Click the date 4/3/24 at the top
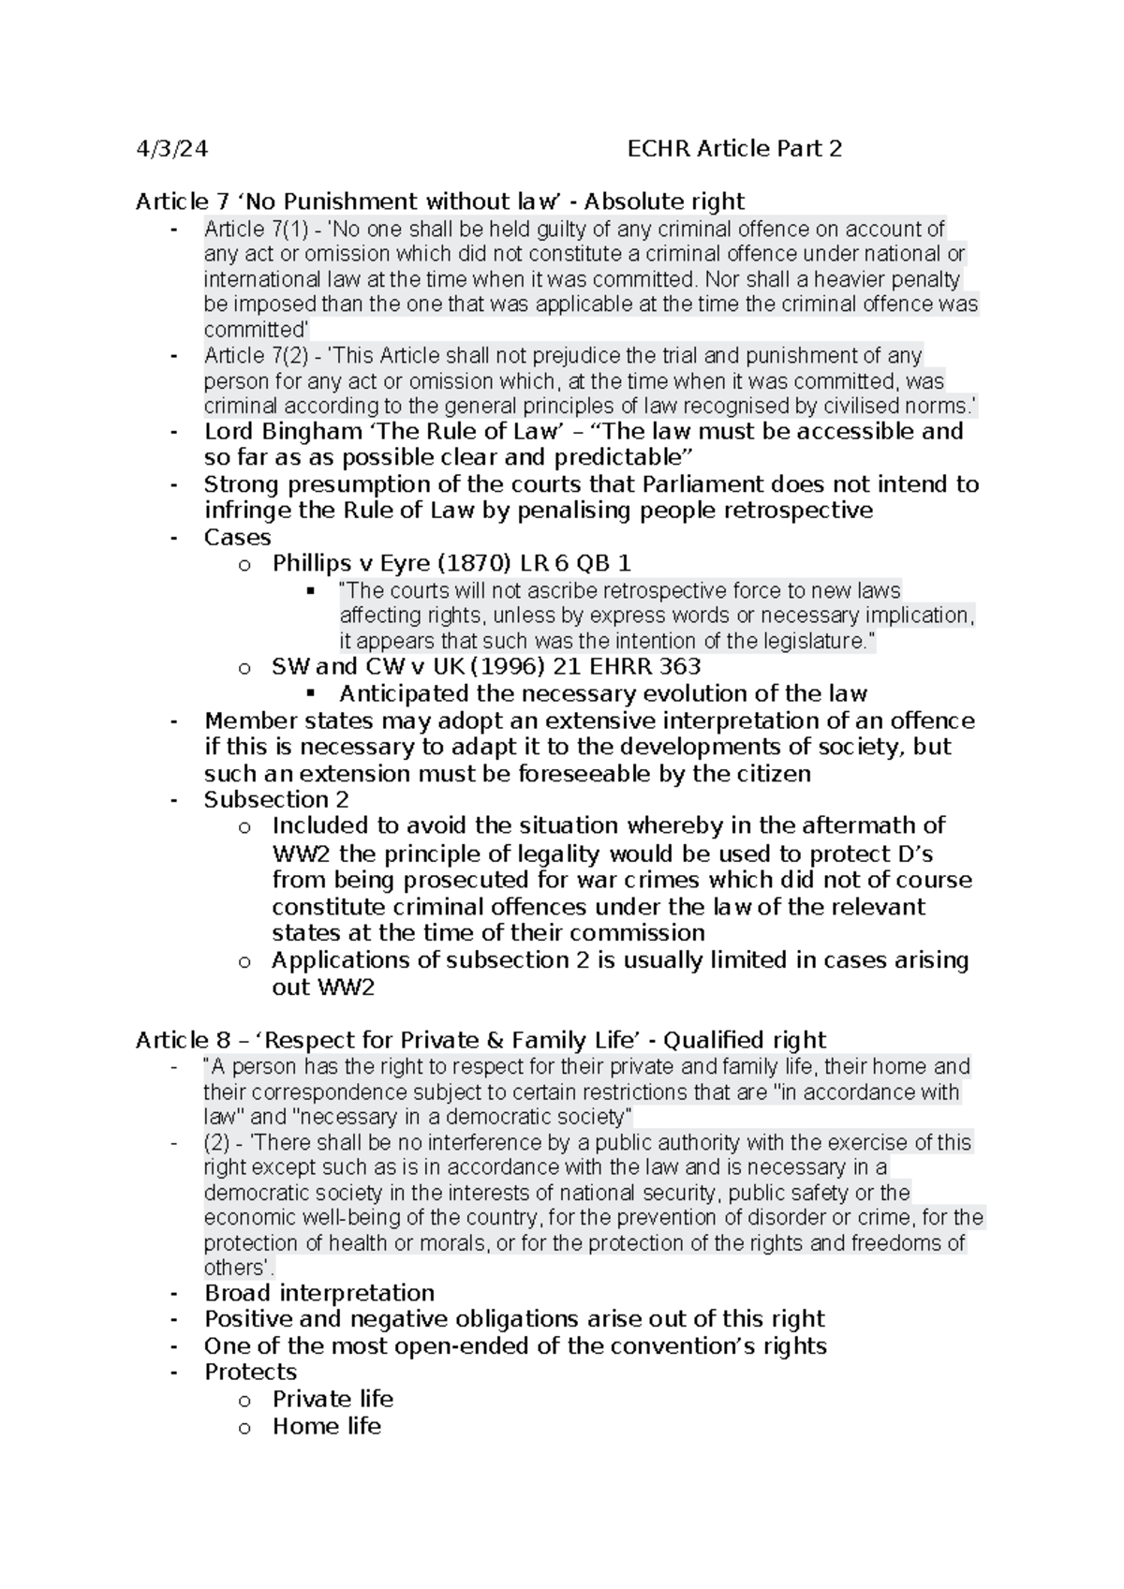(x=172, y=149)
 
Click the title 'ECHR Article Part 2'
(x=734, y=149)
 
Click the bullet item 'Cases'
(x=237, y=537)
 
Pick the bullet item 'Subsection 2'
(x=276, y=799)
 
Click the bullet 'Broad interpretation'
(x=318, y=1293)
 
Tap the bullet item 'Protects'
(x=250, y=1372)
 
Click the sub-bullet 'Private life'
(x=333, y=1399)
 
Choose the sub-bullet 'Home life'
(x=326, y=1426)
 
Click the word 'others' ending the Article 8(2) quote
(x=232, y=1268)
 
